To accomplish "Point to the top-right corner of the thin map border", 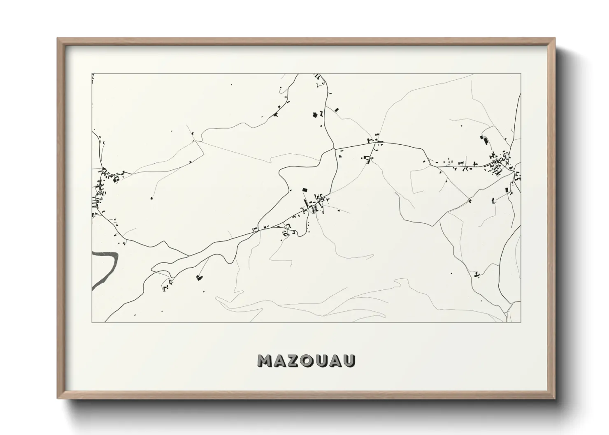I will [521, 74].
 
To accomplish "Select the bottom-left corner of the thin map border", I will [92, 322].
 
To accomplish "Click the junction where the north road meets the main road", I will [335, 148].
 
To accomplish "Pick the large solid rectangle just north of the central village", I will [305, 190].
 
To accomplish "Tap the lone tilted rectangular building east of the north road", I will [337, 109].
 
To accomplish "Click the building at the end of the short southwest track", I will [200, 278].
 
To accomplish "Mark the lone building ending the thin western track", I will [151, 199].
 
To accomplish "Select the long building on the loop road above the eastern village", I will [486, 141].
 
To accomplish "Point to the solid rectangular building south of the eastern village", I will [507, 190].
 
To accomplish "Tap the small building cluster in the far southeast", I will [477, 274].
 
